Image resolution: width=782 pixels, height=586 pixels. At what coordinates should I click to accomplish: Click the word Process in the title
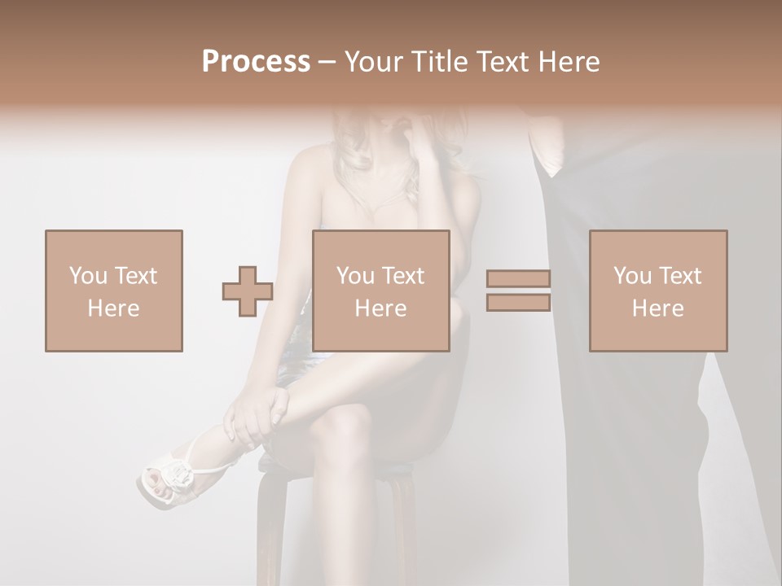pyautogui.click(x=256, y=62)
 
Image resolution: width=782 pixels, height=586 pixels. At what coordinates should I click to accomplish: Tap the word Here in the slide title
pyautogui.click(x=567, y=62)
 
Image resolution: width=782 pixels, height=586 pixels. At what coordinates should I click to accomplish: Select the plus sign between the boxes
pyautogui.click(x=248, y=291)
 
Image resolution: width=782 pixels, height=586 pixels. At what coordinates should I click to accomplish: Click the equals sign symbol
pyautogui.click(x=518, y=291)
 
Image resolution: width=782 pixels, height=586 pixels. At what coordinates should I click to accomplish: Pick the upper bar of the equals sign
pyautogui.click(x=518, y=279)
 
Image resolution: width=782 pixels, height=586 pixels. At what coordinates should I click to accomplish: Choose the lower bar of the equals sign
pyautogui.click(x=518, y=302)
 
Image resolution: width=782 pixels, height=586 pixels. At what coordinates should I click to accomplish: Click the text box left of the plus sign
pyautogui.click(x=113, y=291)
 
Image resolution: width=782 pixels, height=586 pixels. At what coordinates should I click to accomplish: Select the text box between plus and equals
pyautogui.click(x=380, y=291)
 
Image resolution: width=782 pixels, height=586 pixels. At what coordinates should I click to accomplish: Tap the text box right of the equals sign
pyautogui.click(x=657, y=291)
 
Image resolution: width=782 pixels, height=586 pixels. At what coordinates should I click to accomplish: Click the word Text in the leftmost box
pyautogui.click(x=135, y=276)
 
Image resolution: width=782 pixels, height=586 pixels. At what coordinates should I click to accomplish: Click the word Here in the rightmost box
pyautogui.click(x=657, y=308)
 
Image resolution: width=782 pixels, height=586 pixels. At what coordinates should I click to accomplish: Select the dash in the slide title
pyautogui.click(x=327, y=62)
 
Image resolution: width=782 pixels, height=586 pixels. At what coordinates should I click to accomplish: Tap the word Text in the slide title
pyautogui.click(x=502, y=62)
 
